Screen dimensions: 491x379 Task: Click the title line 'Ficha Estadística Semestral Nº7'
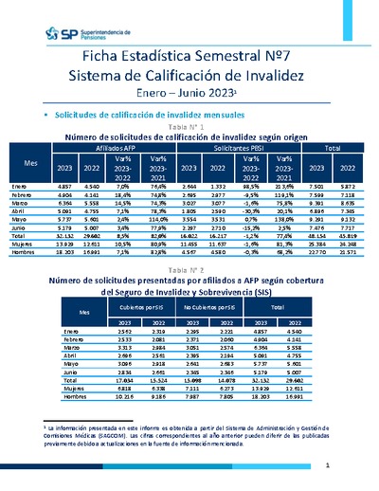pos(189,58)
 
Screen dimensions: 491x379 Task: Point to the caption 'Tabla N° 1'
pos(189,127)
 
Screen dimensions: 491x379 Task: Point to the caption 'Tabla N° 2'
pos(189,297)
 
